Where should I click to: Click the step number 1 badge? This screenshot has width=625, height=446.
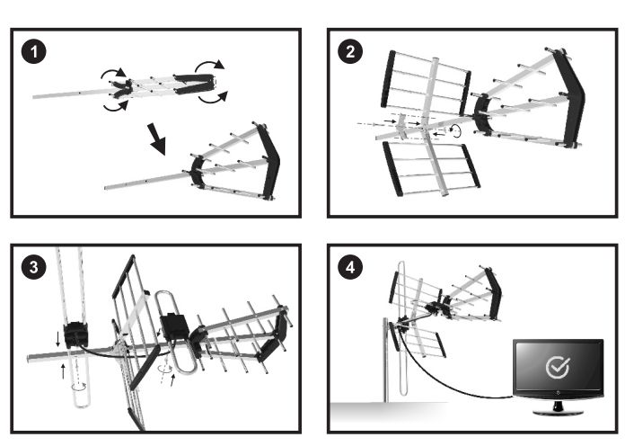[34, 51]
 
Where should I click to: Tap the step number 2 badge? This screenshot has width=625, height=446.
[350, 51]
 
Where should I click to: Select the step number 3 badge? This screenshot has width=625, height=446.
[34, 267]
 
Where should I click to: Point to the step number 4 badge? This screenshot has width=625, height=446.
[350, 267]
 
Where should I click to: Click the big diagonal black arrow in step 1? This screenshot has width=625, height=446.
[156, 138]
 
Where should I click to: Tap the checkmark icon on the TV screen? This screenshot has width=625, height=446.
[558, 367]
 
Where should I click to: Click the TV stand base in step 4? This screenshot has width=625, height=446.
[558, 411]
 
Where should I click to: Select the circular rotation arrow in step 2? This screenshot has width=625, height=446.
[455, 130]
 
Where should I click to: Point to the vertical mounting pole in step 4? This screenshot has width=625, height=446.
[385, 360]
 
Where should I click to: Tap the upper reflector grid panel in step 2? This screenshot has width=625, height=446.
[426, 83]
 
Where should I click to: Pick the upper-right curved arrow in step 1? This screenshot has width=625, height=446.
[210, 65]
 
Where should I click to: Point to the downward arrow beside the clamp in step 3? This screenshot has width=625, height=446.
[57, 339]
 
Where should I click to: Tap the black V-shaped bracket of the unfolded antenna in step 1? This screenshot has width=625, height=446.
[268, 161]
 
